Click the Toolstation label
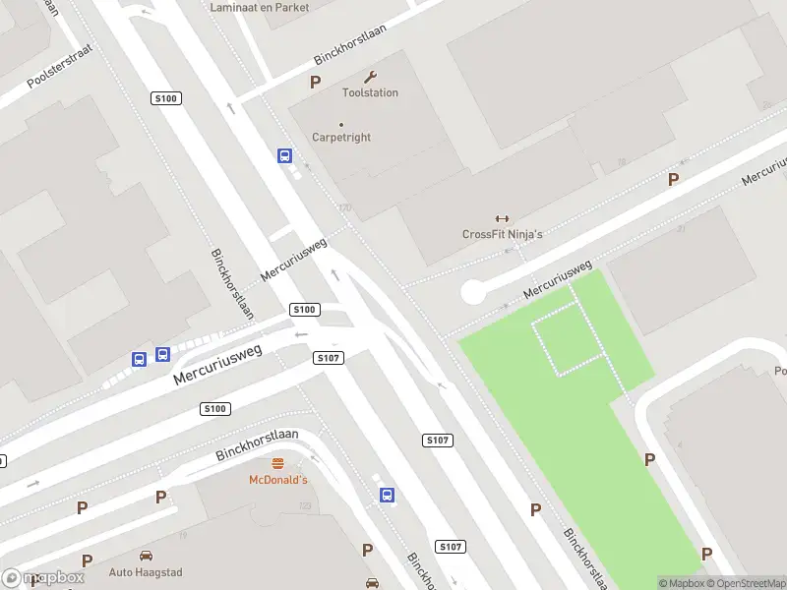coord(370,92)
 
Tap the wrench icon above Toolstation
coord(370,77)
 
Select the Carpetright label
coord(341,138)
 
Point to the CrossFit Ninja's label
coord(502,234)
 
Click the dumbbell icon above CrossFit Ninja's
coord(502,218)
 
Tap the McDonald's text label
coord(277,480)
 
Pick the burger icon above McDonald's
coord(277,464)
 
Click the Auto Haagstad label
coord(146,571)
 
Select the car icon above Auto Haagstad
coord(146,556)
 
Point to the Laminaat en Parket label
coord(260,7)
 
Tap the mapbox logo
coord(43,578)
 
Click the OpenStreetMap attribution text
coord(747,583)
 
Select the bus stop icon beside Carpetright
coord(284,155)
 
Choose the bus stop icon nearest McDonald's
coord(388,495)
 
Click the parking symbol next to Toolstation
coord(316,83)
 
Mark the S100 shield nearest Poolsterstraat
coord(165,98)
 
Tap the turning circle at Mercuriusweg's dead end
coord(473,292)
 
